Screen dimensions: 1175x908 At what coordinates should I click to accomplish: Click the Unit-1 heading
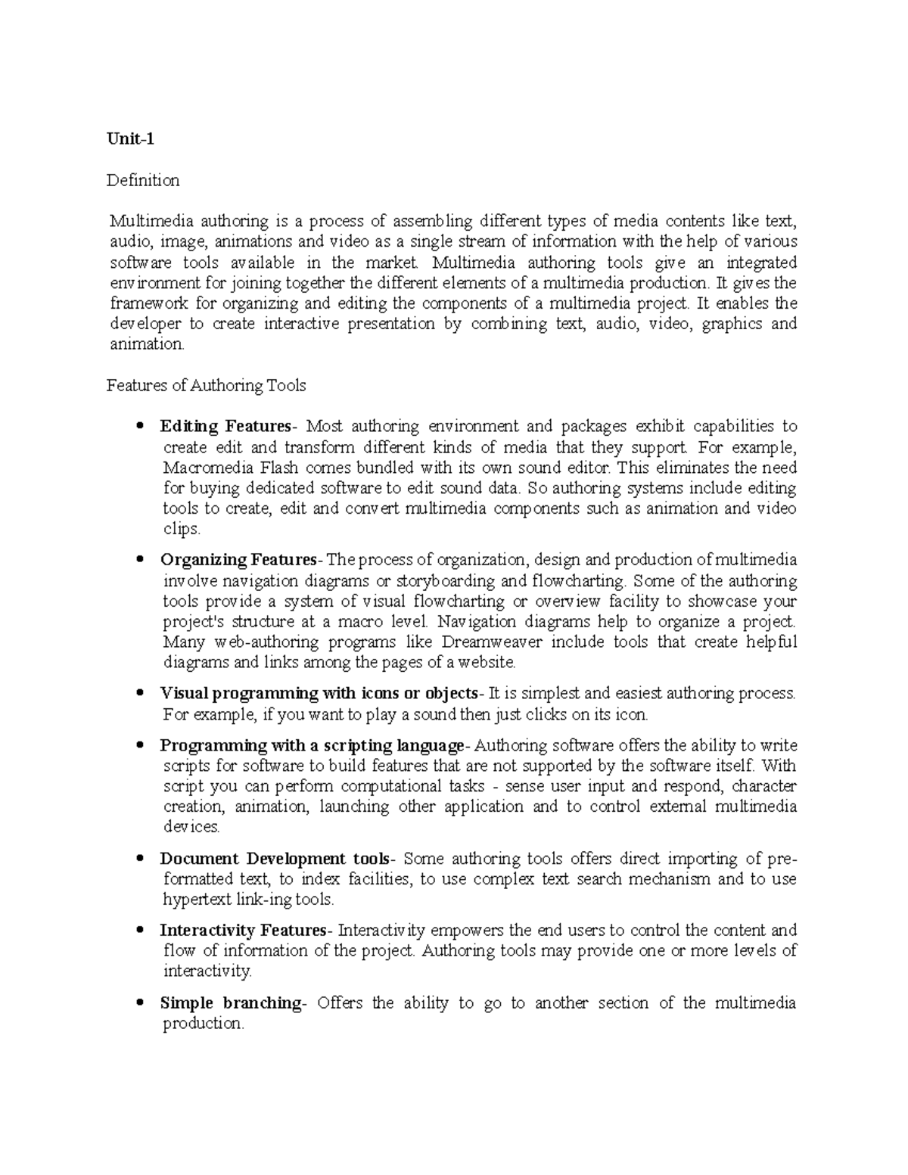point(130,139)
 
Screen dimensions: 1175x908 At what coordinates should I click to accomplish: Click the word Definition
point(143,180)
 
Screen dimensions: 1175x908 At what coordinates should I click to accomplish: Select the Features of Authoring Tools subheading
point(206,385)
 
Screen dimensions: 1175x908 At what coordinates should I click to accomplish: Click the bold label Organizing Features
point(239,560)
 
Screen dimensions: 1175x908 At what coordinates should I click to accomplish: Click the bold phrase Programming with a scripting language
point(309,745)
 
